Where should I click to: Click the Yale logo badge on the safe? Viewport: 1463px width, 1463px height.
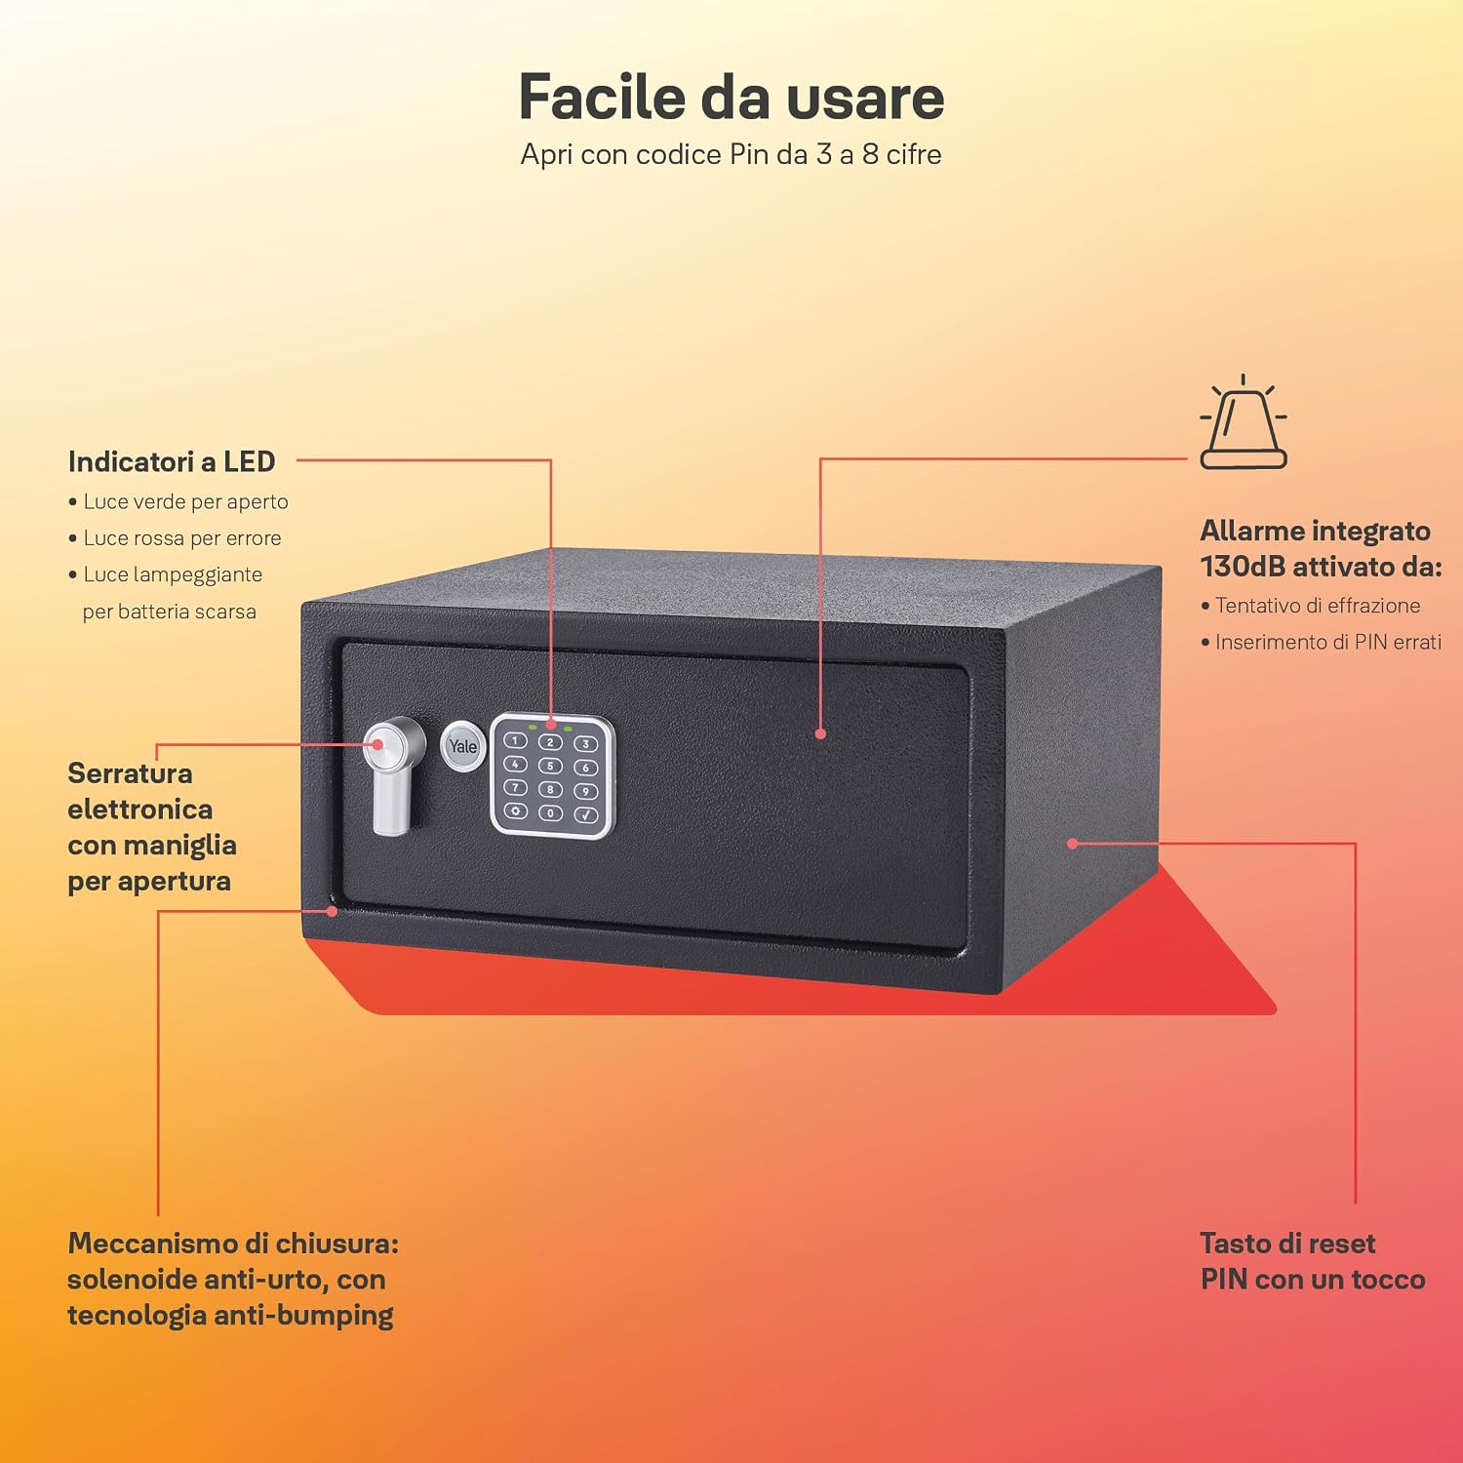[x=463, y=747]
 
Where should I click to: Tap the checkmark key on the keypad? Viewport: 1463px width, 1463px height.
[x=586, y=814]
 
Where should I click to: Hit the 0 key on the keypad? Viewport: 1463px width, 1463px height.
[x=550, y=812]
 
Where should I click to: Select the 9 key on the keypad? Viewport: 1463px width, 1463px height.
[x=586, y=791]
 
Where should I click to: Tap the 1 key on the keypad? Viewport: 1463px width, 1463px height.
[x=515, y=741]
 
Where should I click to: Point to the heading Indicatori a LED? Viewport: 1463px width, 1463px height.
[x=172, y=461]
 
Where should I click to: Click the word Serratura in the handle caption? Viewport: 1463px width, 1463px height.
[x=130, y=773]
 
